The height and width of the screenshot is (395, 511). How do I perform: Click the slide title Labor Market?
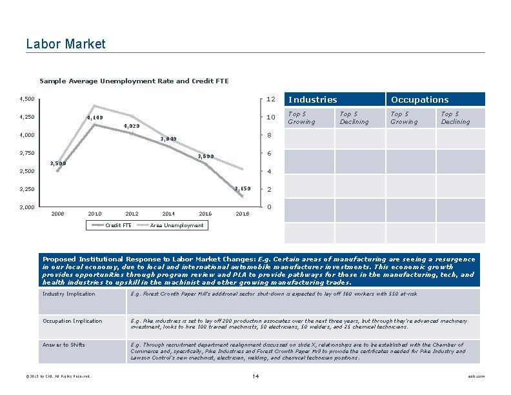(65, 44)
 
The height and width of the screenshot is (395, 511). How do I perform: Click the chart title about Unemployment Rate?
(134, 81)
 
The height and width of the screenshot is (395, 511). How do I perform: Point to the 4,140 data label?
(95, 118)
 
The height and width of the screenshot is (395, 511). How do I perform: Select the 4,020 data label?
(132, 127)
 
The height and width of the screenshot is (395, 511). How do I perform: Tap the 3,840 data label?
(168, 139)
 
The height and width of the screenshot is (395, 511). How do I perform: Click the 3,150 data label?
(242, 188)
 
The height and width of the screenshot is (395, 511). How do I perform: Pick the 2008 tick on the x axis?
(57, 214)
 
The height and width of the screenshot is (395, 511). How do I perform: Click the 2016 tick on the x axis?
(205, 214)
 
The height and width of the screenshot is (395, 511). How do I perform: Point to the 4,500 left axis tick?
(27, 99)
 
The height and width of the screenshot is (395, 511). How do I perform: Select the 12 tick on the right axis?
(271, 99)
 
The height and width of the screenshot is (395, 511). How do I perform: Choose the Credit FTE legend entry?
(118, 225)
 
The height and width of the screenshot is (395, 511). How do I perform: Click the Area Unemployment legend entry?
(176, 225)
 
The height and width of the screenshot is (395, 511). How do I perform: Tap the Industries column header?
(312, 99)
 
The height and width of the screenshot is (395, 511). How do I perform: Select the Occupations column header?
(419, 99)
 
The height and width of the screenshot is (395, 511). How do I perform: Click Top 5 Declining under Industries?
(354, 118)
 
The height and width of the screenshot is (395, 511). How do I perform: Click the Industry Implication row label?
(68, 294)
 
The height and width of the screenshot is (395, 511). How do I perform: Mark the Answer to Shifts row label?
(64, 345)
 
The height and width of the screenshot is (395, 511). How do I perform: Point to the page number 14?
(255, 376)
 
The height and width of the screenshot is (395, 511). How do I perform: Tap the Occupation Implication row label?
(72, 321)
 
